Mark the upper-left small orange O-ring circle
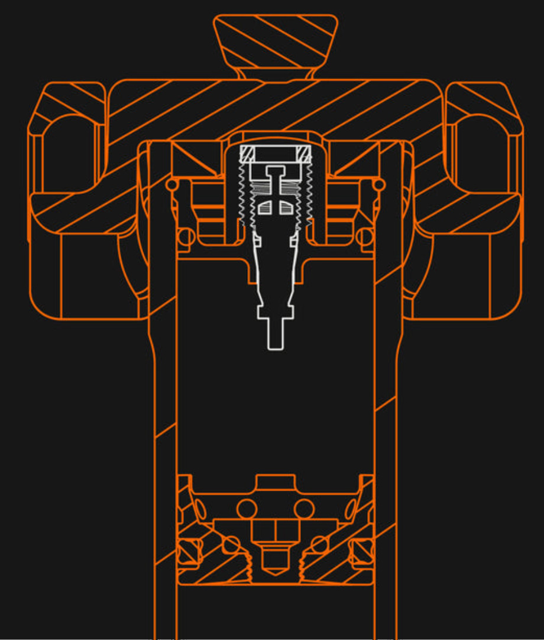(x=172, y=185)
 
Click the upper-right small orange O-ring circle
(x=379, y=185)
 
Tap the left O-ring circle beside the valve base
(x=186, y=236)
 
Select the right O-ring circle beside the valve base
(x=366, y=236)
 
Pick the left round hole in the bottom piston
(x=246, y=508)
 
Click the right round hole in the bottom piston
(x=304, y=508)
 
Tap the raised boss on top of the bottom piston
(x=275, y=482)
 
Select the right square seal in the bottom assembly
(x=361, y=553)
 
